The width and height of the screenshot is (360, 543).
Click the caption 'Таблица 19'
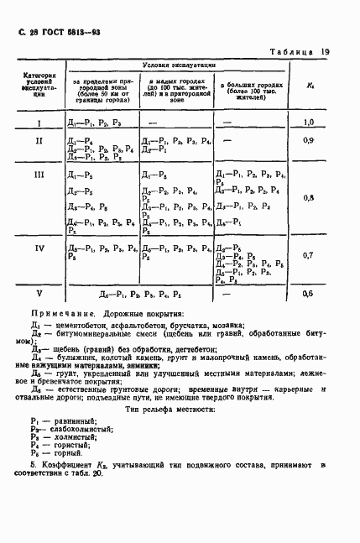pyautogui.click(x=300, y=52)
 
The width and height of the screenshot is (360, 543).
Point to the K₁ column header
pyautogui.click(x=310, y=85)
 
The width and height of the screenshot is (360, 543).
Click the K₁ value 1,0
pyautogui.click(x=310, y=123)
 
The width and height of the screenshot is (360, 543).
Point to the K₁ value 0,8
pyautogui.click(x=310, y=198)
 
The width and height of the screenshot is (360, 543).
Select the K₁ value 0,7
pyautogui.click(x=310, y=254)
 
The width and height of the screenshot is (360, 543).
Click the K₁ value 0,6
pyautogui.click(x=310, y=294)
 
